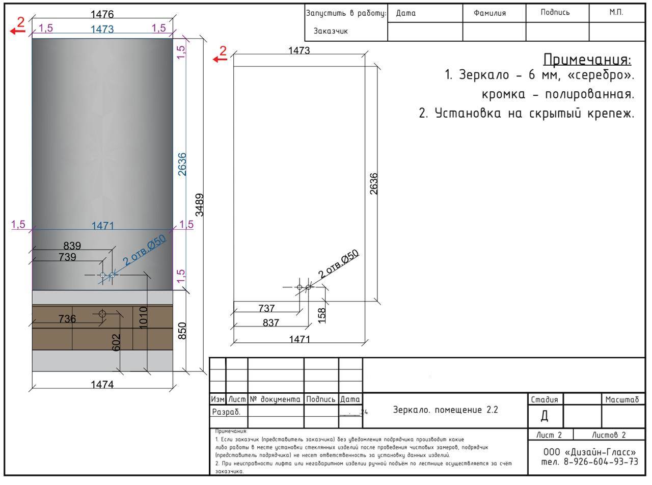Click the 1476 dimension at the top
click(102, 14)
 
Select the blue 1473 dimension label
click(102, 29)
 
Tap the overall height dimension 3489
click(200, 205)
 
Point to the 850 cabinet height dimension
click(182, 331)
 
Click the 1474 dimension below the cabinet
click(102, 384)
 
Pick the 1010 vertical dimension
click(143, 318)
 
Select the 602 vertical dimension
click(117, 342)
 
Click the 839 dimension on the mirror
click(72, 246)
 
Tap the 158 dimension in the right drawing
click(322, 315)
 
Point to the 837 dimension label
click(271, 322)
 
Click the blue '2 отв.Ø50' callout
click(144, 250)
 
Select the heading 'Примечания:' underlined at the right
click(587, 60)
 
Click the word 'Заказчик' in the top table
click(331, 31)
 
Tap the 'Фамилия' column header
click(490, 13)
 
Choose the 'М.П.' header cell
click(616, 12)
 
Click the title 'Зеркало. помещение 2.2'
click(445, 410)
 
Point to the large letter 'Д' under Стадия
click(545, 416)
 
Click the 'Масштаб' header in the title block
click(622, 399)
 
